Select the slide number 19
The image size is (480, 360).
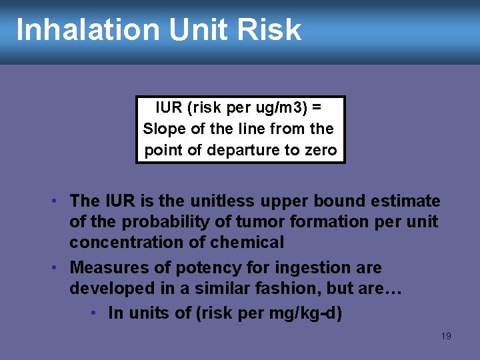pos(446,336)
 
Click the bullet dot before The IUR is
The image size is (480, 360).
pos(59,201)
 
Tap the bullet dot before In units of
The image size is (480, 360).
pos(97,313)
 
